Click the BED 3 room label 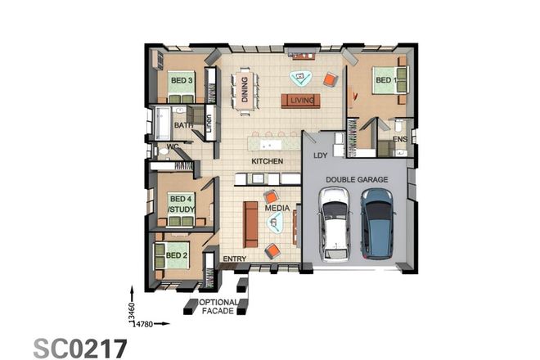(x=180, y=80)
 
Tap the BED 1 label (x=385, y=80)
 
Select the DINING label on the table (x=244, y=87)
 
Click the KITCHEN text (x=267, y=161)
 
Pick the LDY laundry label (x=320, y=155)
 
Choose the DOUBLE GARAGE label (x=357, y=179)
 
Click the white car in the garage (x=334, y=223)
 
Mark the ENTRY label (x=234, y=259)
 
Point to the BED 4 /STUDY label (x=181, y=204)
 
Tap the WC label (x=173, y=147)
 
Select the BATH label (x=183, y=125)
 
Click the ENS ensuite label (x=400, y=140)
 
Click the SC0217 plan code (x=80, y=347)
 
